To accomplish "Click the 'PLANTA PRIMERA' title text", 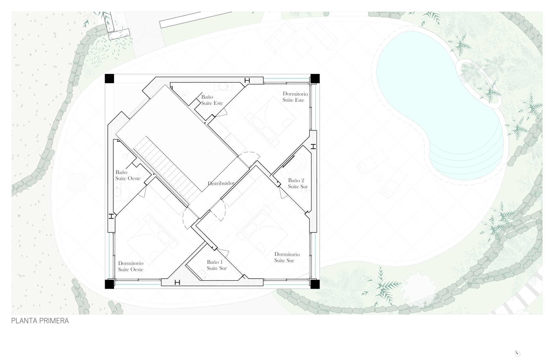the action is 40,321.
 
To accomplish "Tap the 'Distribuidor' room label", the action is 221,183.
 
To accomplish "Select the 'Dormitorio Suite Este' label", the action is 295,97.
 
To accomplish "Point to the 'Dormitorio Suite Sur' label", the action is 287,257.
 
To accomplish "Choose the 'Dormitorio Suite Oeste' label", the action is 131,266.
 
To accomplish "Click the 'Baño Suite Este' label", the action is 212,100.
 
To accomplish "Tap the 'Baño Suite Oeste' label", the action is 128,175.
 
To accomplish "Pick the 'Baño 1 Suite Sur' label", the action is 217,265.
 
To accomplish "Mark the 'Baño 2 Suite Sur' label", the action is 298,183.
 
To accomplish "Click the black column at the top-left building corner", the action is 109,78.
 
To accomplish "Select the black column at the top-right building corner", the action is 315,78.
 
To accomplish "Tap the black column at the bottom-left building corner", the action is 109,284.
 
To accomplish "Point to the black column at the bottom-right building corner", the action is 315,284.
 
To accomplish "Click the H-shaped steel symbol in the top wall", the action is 247,81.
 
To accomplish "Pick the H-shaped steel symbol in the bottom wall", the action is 177,282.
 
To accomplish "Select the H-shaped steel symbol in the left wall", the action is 111,216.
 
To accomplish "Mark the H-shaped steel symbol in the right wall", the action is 313,146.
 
